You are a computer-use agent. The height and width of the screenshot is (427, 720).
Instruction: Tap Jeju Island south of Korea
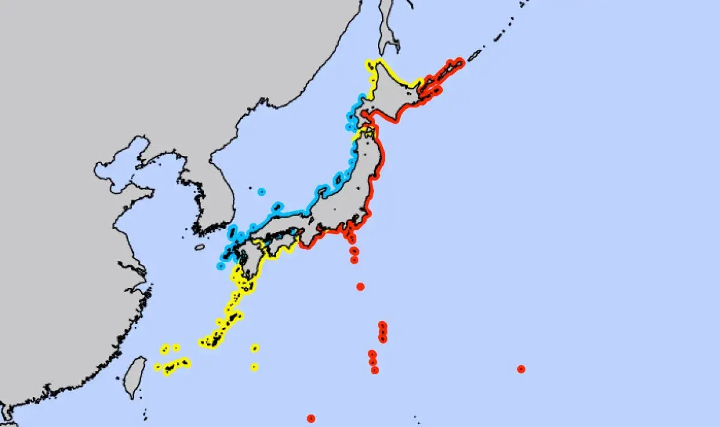(200, 246)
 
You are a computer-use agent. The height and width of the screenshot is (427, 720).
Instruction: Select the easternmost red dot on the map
(521, 369)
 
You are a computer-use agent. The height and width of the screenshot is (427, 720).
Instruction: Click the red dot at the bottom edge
(311, 418)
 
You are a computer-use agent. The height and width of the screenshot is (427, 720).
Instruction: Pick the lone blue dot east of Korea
(262, 192)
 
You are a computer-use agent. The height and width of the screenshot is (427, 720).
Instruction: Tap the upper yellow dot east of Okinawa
(255, 348)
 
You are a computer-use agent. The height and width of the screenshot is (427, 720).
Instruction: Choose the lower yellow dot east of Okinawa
(254, 366)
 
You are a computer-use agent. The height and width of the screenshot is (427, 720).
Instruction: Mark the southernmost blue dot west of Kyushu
(221, 266)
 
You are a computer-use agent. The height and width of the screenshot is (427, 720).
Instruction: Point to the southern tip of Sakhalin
(387, 45)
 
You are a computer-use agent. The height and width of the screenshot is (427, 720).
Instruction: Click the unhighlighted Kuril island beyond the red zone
(474, 55)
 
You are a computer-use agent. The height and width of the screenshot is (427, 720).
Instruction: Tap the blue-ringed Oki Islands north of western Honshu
(277, 207)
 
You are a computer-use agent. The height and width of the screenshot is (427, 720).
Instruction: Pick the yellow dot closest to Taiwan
(157, 366)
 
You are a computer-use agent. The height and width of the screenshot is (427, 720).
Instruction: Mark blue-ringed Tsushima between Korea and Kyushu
(233, 231)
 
